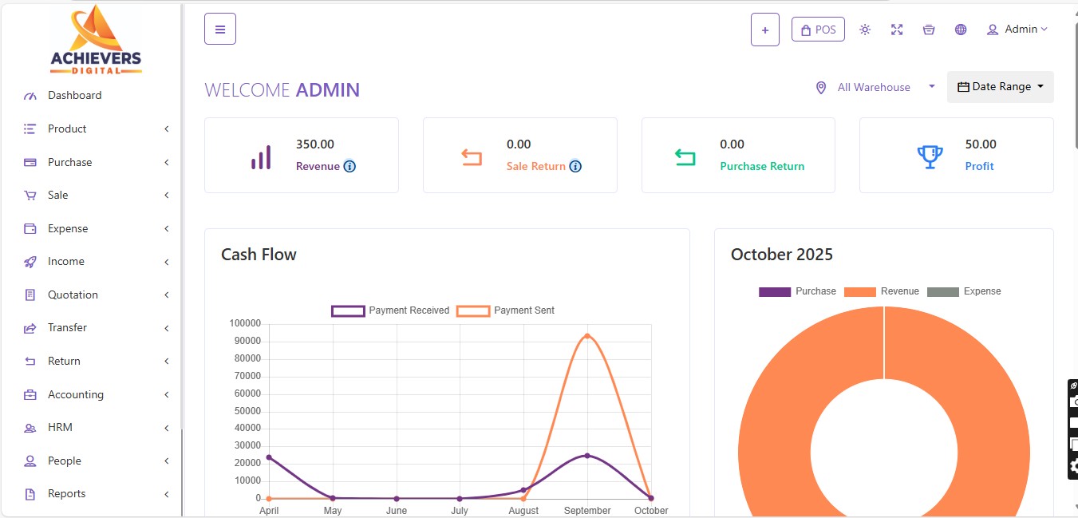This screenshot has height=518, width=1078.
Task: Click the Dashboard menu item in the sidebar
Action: click(74, 96)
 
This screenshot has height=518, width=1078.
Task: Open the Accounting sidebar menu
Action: click(75, 394)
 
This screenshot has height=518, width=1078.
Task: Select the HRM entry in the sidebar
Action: click(60, 428)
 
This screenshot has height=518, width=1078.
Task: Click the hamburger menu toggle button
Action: click(220, 30)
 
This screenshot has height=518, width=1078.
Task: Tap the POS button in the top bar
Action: click(818, 30)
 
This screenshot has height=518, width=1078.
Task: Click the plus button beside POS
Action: click(764, 30)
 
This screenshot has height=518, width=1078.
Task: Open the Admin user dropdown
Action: click(1017, 30)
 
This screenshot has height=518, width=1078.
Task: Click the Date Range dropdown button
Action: click(1000, 87)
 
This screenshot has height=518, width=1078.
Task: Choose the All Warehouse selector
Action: click(875, 87)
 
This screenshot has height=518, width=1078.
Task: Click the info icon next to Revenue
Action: click(349, 167)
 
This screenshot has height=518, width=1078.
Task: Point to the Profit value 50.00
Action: click(981, 144)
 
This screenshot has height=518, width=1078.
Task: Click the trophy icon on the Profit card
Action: click(930, 156)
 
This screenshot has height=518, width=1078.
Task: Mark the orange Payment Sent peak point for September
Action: click(587, 336)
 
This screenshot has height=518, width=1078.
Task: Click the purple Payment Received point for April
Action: click(269, 457)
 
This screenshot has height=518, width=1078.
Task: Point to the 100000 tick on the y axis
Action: click(244, 323)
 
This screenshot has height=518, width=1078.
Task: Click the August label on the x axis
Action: click(523, 510)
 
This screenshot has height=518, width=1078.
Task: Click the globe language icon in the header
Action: click(961, 30)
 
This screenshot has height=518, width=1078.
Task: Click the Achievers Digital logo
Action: click(96, 40)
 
